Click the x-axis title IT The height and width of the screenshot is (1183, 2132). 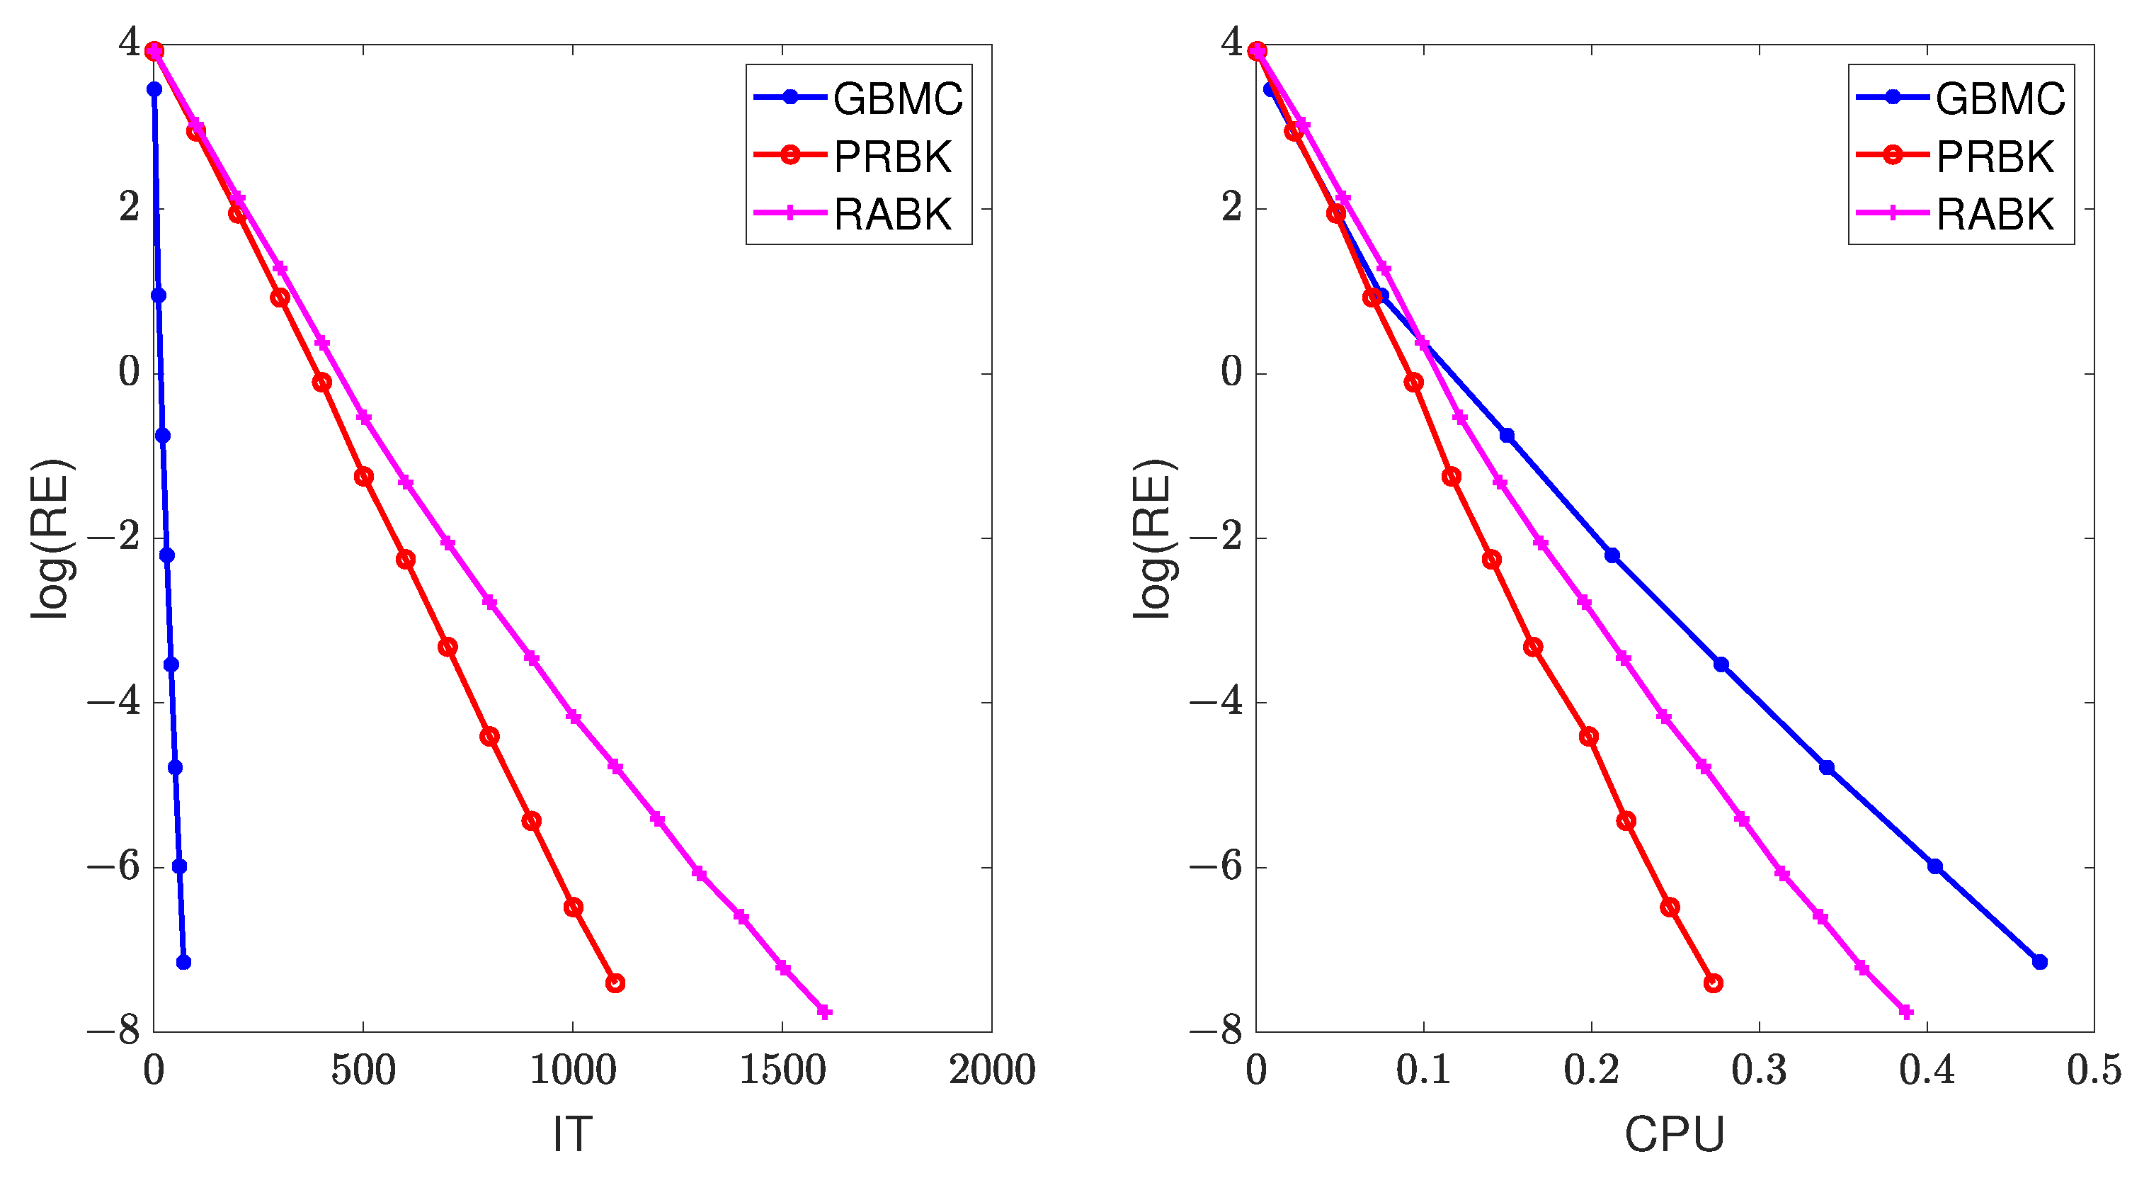(572, 1133)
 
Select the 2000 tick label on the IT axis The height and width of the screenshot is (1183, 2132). (991, 1070)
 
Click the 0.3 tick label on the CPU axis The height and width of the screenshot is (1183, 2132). (1759, 1070)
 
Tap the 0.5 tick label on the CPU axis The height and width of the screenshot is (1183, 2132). (2094, 1070)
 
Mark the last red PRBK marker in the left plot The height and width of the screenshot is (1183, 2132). (614, 983)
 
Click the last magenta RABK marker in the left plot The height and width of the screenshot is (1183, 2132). (823, 1011)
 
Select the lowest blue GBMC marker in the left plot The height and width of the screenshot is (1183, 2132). (183, 961)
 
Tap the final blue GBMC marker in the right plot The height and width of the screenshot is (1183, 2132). (2039, 961)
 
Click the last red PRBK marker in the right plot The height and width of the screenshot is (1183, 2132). (1714, 983)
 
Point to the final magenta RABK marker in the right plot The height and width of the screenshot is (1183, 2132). (1905, 1011)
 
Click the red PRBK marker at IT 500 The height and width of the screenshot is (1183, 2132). (363, 476)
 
